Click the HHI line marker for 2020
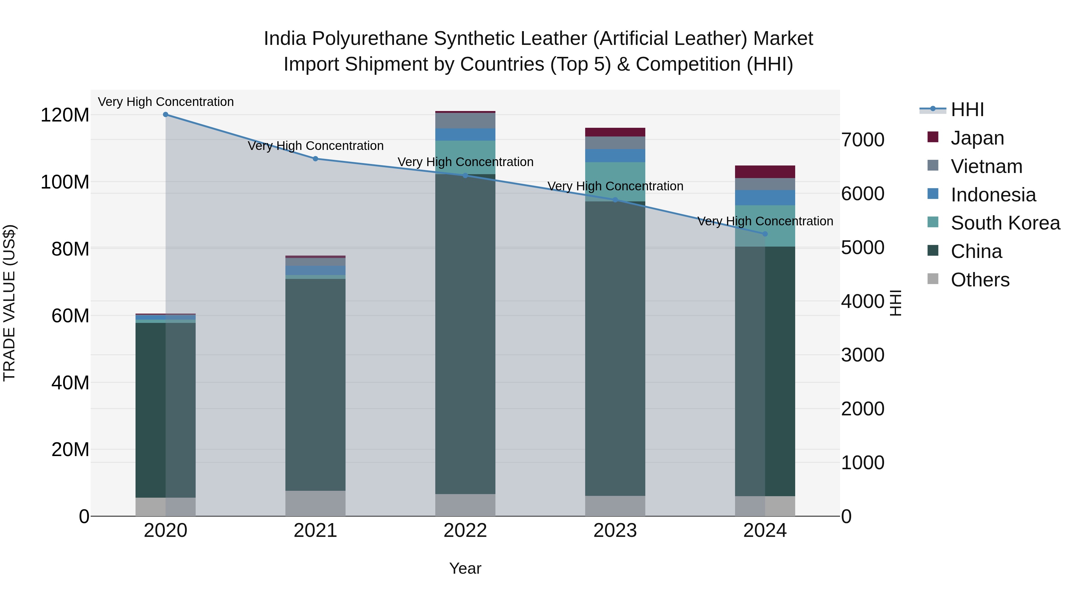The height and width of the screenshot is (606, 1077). [x=165, y=115]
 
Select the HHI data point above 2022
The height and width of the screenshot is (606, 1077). [x=465, y=176]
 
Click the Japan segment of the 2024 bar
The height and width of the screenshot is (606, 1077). [x=765, y=172]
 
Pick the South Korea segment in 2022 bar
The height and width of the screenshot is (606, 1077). [x=465, y=157]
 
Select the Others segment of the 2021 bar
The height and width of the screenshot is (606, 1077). [x=316, y=503]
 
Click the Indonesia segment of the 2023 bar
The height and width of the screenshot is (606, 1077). [x=615, y=156]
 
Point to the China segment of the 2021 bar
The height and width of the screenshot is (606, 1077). [x=316, y=385]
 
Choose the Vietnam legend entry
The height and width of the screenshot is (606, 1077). [x=986, y=166]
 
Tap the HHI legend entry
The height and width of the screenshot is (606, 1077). [x=967, y=110]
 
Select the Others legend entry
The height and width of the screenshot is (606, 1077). [x=979, y=280]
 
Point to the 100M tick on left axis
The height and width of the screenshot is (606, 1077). [x=65, y=182]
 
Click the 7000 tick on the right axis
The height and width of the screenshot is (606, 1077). [x=862, y=140]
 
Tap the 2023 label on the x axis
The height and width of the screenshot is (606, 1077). [x=615, y=531]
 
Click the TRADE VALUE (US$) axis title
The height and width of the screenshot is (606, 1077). [x=9, y=303]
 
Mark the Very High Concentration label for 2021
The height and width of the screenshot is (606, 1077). [x=316, y=146]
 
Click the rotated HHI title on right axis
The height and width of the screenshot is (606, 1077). [x=895, y=303]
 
